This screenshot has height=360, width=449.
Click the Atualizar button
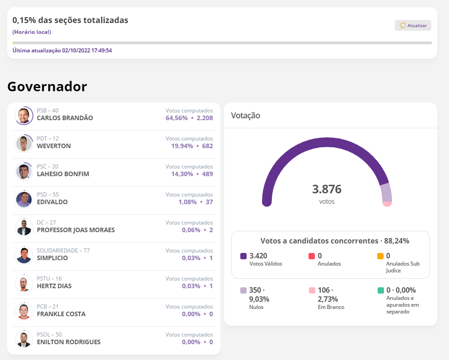(x=413, y=25)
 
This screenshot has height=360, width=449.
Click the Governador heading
(x=47, y=86)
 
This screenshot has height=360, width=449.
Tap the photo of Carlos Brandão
(x=23, y=116)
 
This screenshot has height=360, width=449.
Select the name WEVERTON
(x=54, y=146)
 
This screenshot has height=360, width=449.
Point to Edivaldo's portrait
(x=23, y=200)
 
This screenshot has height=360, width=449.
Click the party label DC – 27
(x=47, y=223)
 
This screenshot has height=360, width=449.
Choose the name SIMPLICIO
(x=52, y=258)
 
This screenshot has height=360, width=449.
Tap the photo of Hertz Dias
(x=23, y=284)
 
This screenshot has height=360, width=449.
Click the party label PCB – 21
(x=47, y=307)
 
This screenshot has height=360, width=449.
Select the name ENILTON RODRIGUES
(x=69, y=342)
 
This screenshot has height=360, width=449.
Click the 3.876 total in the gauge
(x=327, y=189)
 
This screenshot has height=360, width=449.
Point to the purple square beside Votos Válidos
(x=243, y=256)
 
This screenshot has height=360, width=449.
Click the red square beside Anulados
(x=312, y=256)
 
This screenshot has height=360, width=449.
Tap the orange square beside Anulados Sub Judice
(x=380, y=256)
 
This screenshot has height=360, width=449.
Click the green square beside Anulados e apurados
(x=380, y=290)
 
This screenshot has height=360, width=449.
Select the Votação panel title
(x=245, y=116)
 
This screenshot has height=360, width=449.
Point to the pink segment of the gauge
(x=387, y=204)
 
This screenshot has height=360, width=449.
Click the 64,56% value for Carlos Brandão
(x=179, y=118)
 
